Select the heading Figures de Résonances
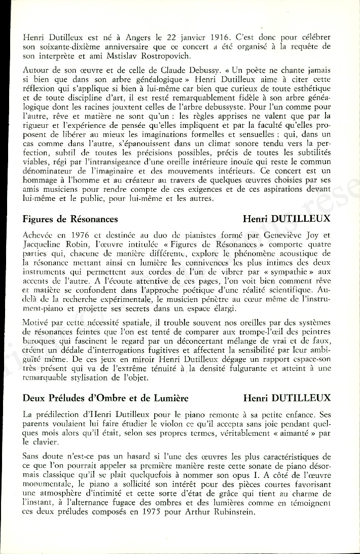(70, 219)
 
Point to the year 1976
(82, 235)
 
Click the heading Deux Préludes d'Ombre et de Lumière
(102, 398)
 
